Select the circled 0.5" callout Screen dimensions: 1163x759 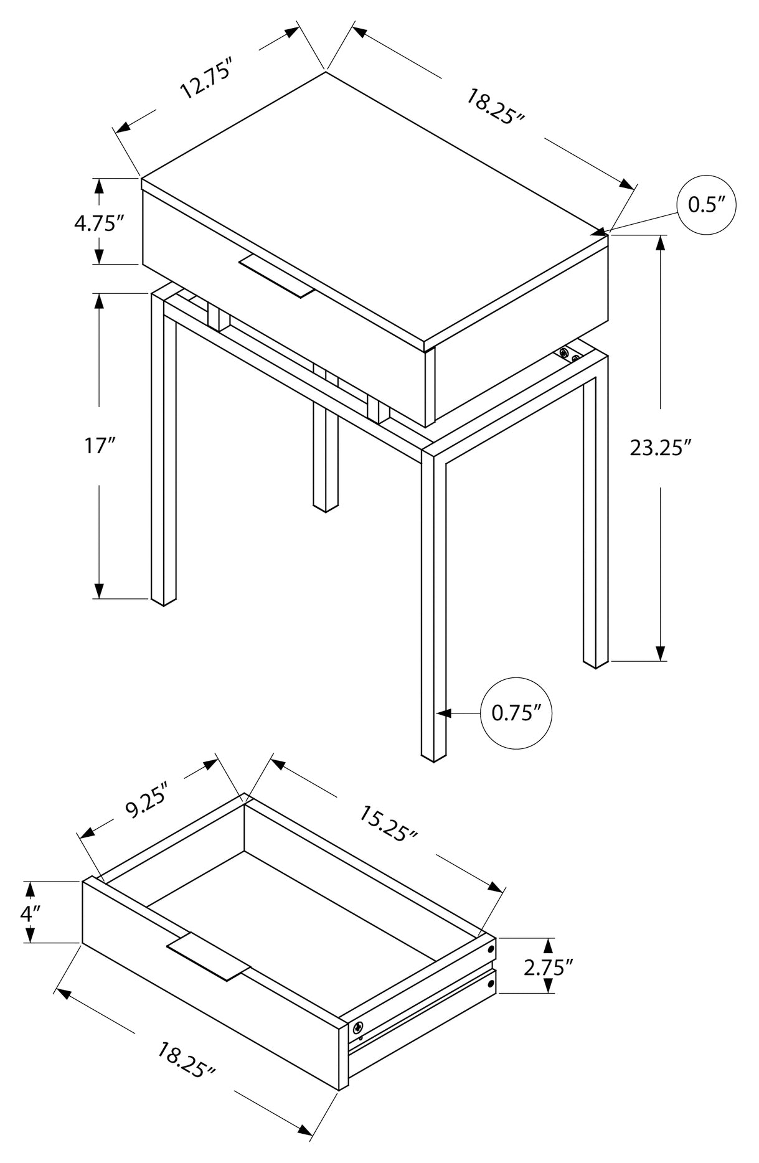[x=707, y=205]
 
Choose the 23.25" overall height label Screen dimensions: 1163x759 [x=661, y=448]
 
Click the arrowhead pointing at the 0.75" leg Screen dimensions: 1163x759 [x=443, y=713]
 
